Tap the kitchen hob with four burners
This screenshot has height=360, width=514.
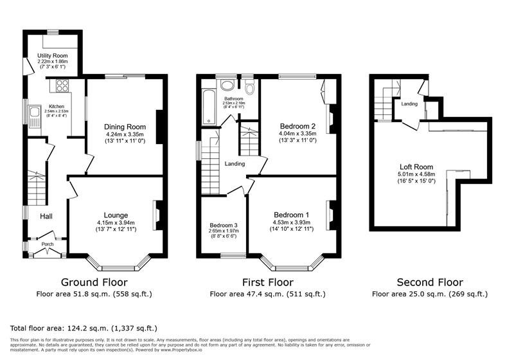[x=63, y=85]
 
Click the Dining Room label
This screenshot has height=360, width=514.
[x=125, y=127]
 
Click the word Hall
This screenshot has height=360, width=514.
[x=46, y=217]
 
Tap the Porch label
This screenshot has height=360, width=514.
[x=48, y=244]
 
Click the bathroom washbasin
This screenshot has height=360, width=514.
[x=227, y=85]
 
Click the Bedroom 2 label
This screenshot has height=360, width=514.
[x=297, y=125]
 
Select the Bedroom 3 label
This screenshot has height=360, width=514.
[x=224, y=225]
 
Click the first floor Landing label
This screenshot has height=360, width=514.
[x=234, y=164]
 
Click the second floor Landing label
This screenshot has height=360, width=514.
[x=409, y=104]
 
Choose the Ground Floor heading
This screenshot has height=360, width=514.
[x=94, y=282]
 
